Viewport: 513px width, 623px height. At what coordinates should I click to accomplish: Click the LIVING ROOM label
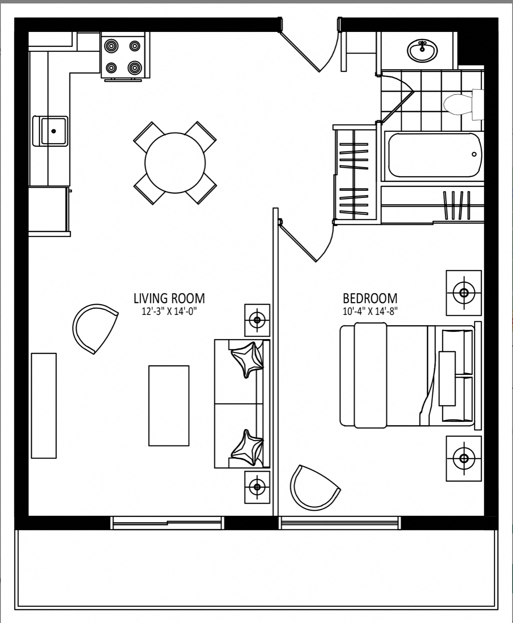pos(169,299)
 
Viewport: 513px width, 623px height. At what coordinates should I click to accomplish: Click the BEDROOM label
pos(370,299)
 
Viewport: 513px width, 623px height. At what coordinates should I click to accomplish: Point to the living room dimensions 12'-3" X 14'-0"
pos(169,311)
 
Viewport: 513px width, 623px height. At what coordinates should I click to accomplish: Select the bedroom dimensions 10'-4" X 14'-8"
pos(370,311)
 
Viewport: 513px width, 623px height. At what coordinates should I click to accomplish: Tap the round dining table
pos(175,163)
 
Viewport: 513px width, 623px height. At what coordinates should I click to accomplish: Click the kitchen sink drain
pos(54,131)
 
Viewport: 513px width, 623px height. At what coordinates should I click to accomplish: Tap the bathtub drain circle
pos(474,154)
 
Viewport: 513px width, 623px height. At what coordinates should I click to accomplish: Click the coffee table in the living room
pos(169,406)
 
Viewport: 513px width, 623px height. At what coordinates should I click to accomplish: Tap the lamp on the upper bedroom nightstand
pos(464,293)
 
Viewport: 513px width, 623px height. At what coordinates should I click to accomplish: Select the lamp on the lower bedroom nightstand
pos(464,458)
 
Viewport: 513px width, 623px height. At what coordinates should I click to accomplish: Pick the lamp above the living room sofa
pos(257,320)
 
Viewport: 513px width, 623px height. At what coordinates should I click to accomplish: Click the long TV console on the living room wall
pos(44,405)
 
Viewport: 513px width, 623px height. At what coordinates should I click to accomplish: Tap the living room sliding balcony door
pos(167,523)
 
